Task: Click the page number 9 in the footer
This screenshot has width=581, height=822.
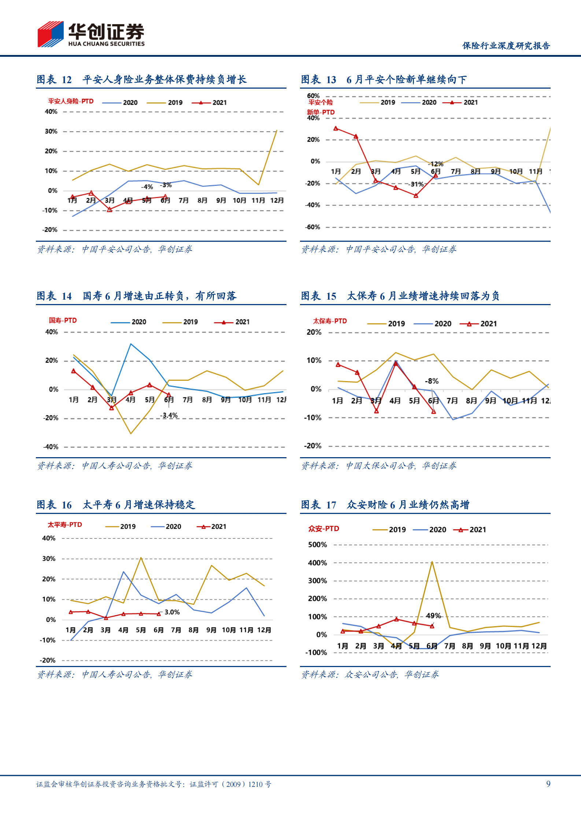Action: tap(548, 784)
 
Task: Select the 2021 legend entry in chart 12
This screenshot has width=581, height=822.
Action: tap(210, 103)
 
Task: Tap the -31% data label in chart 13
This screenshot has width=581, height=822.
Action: tap(416, 184)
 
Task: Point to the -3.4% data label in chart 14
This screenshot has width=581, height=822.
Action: tap(169, 415)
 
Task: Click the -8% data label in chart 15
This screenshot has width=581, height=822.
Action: tap(432, 381)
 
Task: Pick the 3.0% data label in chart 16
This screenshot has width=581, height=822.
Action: tap(172, 612)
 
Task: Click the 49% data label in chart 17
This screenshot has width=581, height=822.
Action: tap(433, 616)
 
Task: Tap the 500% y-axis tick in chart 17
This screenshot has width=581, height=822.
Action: tap(317, 545)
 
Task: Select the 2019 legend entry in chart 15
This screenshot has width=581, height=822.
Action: tap(386, 323)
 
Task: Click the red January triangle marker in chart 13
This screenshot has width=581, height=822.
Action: tap(336, 128)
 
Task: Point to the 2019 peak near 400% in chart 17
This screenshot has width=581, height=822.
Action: tap(432, 562)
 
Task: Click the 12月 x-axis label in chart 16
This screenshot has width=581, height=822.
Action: tap(264, 630)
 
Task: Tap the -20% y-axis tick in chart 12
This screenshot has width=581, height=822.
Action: tap(51, 230)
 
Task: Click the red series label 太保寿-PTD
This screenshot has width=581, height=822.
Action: tap(329, 321)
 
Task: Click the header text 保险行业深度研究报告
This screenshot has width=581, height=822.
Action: tap(506, 45)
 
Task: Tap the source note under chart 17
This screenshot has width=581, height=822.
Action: tap(370, 674)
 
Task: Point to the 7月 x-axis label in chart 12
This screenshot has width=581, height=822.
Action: tap(184, 200)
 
